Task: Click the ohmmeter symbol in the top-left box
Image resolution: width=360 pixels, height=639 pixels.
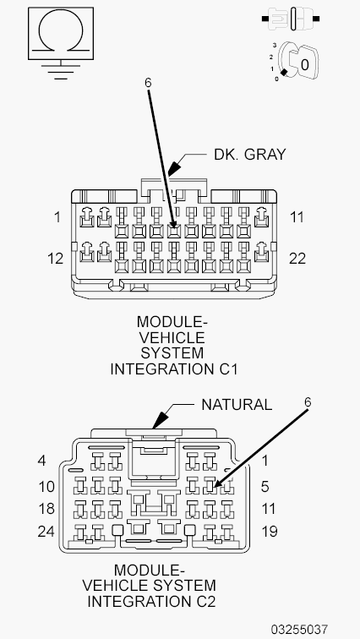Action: (57, 36)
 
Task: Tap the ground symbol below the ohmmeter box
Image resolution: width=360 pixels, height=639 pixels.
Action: (57, 70)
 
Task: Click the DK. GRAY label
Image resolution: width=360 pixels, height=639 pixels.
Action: (249, 154)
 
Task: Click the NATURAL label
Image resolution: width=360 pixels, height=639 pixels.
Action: (236, 404)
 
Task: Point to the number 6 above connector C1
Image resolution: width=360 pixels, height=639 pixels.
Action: (148, 83)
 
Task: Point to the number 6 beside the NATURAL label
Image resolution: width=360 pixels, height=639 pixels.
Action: (308, 402)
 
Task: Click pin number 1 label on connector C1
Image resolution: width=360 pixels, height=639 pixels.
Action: (57, 217)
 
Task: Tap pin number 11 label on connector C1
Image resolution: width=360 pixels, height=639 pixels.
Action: (296, 217)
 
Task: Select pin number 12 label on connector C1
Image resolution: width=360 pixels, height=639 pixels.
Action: (55, 259)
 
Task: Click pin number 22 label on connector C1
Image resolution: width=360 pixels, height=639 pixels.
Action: (297, 259)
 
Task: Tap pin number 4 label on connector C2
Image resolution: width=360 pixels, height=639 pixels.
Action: (41, 461)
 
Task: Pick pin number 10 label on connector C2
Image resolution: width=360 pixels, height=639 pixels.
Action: (46, 486)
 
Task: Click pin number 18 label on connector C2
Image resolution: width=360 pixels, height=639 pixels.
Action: (46, 510)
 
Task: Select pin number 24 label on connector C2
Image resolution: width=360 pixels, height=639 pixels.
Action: (46, 532)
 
